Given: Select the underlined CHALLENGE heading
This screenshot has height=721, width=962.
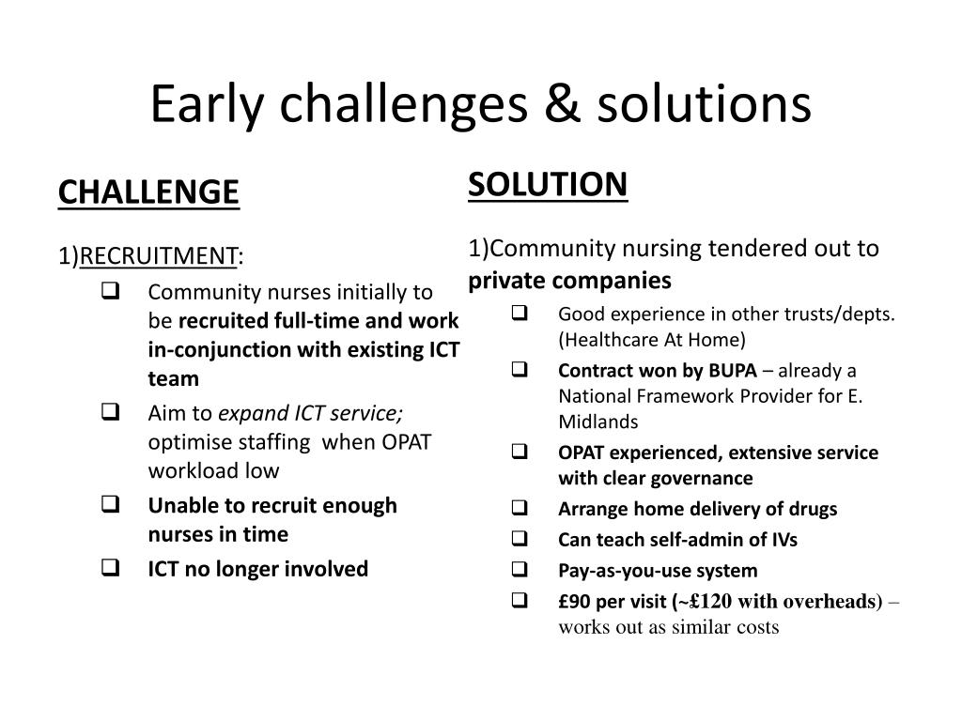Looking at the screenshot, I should point(148,192).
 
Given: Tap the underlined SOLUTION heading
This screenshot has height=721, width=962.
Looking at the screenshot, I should point(547,184).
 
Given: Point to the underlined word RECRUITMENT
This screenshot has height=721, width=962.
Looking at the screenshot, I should point(158,255).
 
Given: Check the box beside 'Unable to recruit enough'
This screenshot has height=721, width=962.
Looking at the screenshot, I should point(107,505).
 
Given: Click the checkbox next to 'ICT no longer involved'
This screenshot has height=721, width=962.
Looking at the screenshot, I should point(107,568).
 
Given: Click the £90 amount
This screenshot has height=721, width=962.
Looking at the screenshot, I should point(575,602).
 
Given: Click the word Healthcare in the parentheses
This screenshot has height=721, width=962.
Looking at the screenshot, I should point(609,339).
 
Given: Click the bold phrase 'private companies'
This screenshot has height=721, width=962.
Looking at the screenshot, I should point(570,281).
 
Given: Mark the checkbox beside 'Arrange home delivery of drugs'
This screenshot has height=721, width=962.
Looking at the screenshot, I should point(520,509).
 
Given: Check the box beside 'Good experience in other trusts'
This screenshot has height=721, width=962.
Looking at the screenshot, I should point(520,314).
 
